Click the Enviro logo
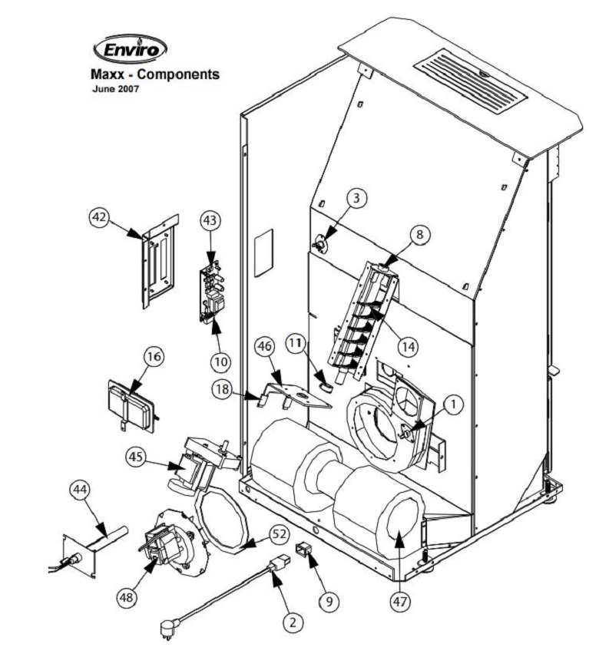(130, 51)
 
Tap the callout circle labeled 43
(210, 220)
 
